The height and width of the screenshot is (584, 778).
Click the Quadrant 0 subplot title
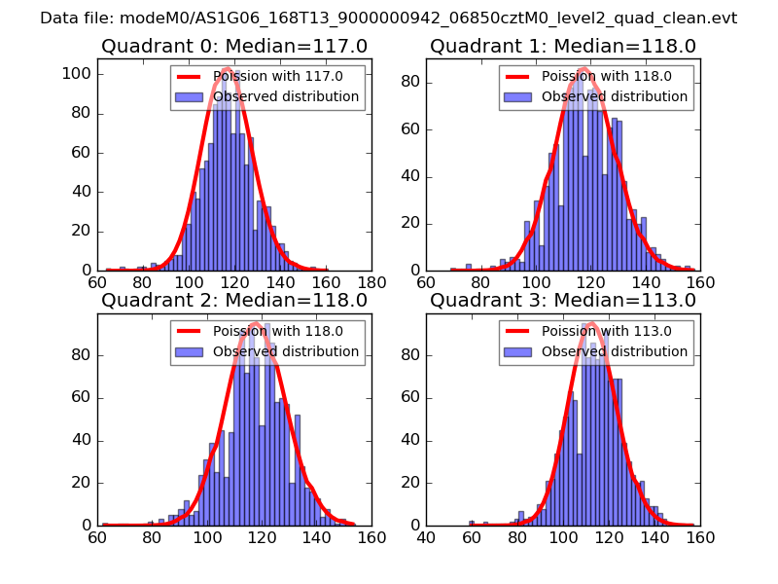pos(233,46)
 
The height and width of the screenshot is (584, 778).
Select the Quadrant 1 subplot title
pos(562,46)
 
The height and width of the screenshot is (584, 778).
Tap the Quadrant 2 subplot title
pos(233,300)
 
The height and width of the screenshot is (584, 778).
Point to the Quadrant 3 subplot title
pos(562,300)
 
